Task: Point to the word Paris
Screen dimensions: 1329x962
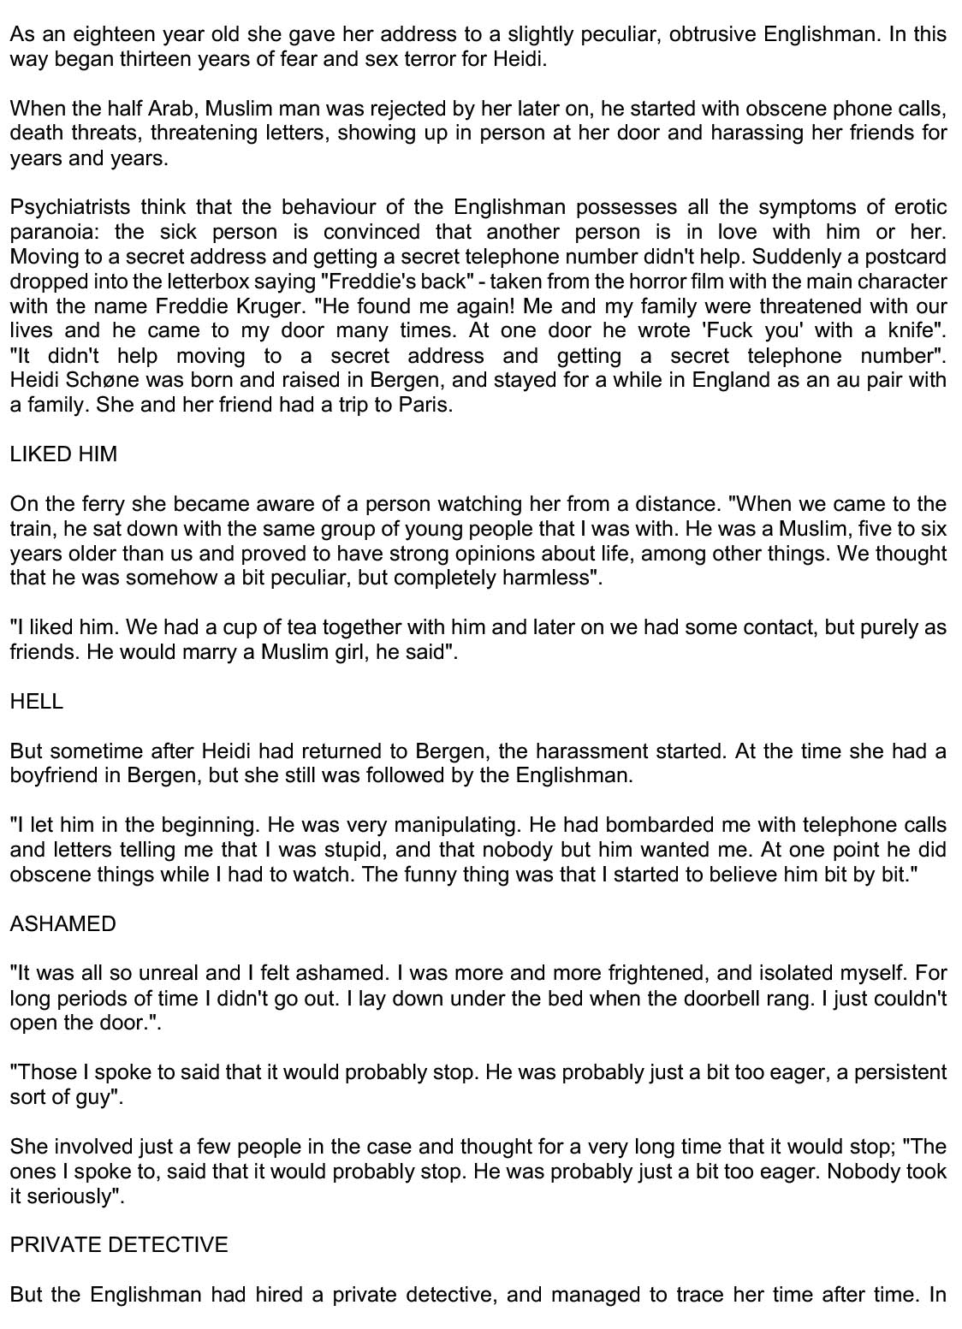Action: click(x=425, y=405)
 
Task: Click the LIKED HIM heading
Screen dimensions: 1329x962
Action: click(x=63, y=454)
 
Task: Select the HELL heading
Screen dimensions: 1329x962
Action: click(x=37, y=702)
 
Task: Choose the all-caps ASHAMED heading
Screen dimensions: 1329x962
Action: click(x=62, y=924)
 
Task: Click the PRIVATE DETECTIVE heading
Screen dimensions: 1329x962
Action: click(x=119, y=1245)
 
